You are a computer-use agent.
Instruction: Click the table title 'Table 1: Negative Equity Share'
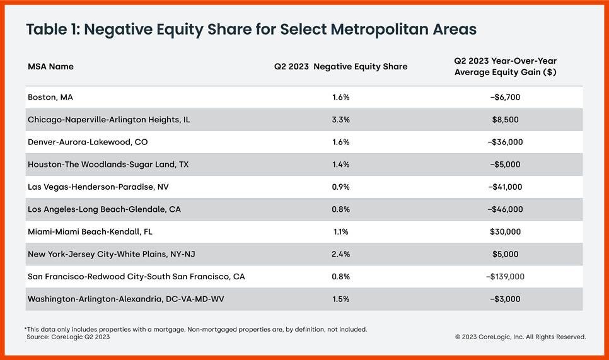pyautogui.click(x=250, y=30)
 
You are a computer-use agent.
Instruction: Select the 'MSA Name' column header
pyautogui.click(x=50, y=67)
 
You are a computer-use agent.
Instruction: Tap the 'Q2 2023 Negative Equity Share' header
pyautogui.click(x=340, y=67)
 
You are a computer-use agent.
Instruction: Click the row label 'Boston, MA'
pyautogui.click(x=50, y=97)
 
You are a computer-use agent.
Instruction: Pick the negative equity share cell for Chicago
pyautogui.click(x=340, y=120)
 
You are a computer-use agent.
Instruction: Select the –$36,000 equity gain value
pyautogui.click(x=505, y=142)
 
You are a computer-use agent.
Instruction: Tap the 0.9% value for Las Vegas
pyautogui.click(x=340, y=187)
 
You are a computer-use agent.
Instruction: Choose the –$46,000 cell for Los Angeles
pyautogui.click(x=505, y=209)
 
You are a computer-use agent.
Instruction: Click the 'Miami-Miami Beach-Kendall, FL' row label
pyautogui.click(x=90, y=232)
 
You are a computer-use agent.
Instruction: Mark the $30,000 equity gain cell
pyautogui.click(x=505, y=232)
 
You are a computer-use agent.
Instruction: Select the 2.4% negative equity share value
pyautogui.click(x=340, y=254)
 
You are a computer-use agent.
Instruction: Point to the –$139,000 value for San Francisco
pyautogui.click(x=505, y=277)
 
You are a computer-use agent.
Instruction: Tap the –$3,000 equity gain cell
pyautogui.click(x=505, y=299)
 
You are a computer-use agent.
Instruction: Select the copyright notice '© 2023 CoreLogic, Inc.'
pyautogui.click(x=520, y=337)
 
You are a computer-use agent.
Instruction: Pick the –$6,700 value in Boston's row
pyautogui.click(x=505, y=97)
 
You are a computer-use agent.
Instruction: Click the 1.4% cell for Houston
pyautogui.click(x=340, y=165)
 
